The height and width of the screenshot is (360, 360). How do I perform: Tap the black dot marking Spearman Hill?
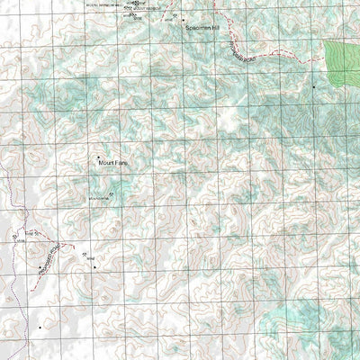pyautogui.click(x=184, y=20)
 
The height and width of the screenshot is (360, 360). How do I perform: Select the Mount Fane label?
pyautogui.click(x=114, y=164)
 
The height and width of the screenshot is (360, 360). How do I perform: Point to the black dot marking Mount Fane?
pyautogui.click(x=98, y=157)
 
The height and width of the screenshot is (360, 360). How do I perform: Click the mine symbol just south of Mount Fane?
pyautogui.click(x=111, y=193)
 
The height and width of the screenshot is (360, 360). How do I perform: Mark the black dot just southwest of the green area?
pyautogui.click(x=313, y=87)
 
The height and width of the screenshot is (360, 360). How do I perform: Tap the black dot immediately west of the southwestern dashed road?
pyautogui.click(x=40, y=266)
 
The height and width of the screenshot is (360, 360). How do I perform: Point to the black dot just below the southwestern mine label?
pyautogui.click(x=94, y=267)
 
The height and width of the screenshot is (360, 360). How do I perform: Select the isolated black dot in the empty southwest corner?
pyautogui.click(x=39, y=327)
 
